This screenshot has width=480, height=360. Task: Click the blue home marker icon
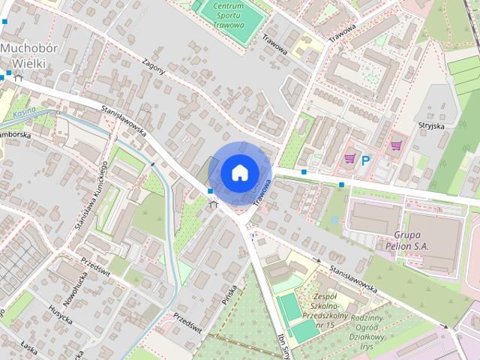coord(238,172)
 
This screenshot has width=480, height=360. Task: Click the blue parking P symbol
coord(367,160)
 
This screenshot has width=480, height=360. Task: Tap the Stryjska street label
coord(433,125)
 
